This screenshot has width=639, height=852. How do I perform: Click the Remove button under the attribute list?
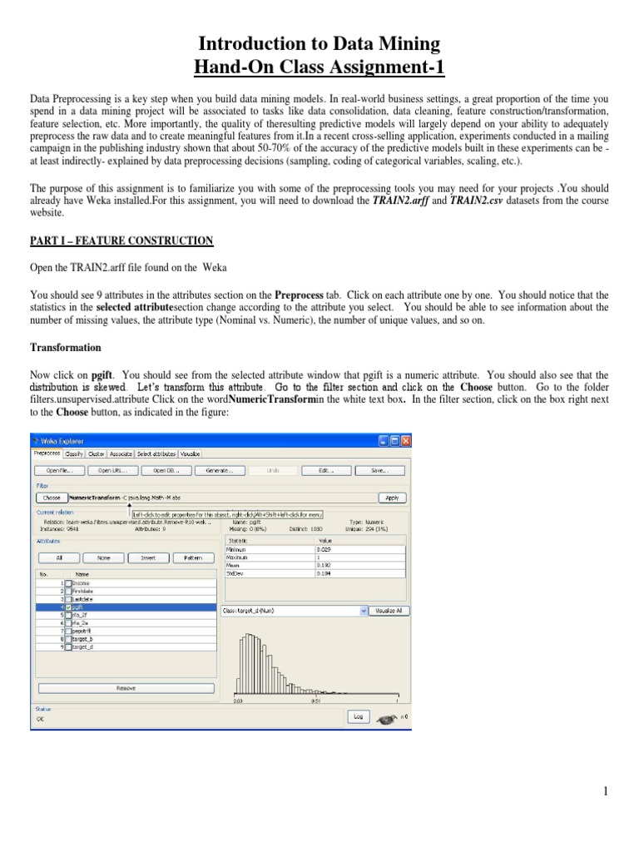[126, 688]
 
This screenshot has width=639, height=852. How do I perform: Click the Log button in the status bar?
[358, 716]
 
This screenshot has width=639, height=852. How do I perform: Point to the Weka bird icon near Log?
[387, 716]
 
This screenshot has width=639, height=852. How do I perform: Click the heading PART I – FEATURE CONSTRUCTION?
[121, 240]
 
